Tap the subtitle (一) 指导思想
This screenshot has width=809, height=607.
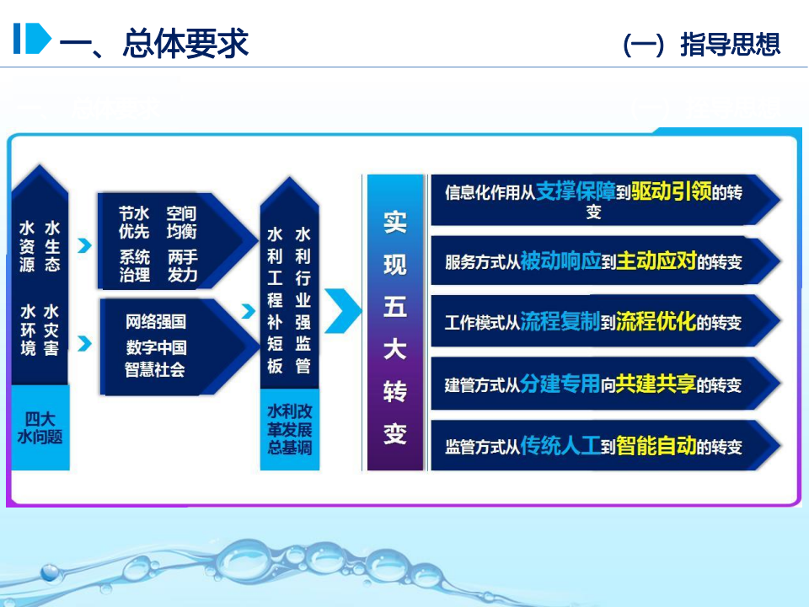click(x=701, y=44)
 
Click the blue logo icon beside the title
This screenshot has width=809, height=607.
click(x=31, y=39)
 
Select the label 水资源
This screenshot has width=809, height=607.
click(x=28, y=245)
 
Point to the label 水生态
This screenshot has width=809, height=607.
click(x=52, y=245)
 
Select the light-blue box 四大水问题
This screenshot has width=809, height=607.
click(x=40, y=427)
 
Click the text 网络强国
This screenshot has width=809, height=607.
click(x=156, y=321)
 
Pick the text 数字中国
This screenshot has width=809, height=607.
click(x=156, y=346)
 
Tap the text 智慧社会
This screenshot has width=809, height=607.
click(x=156, y=368)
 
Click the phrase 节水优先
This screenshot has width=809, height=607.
click(x=135, y=223)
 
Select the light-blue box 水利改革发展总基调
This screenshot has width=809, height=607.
click(x=289, y=429)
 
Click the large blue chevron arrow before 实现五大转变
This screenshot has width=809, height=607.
click(x=342, y=310)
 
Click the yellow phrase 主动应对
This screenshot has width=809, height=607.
click(x=656, y=261)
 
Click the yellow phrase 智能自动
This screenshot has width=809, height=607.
click(x=656, y=445)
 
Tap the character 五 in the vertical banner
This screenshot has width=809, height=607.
click(x=394, y=306)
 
